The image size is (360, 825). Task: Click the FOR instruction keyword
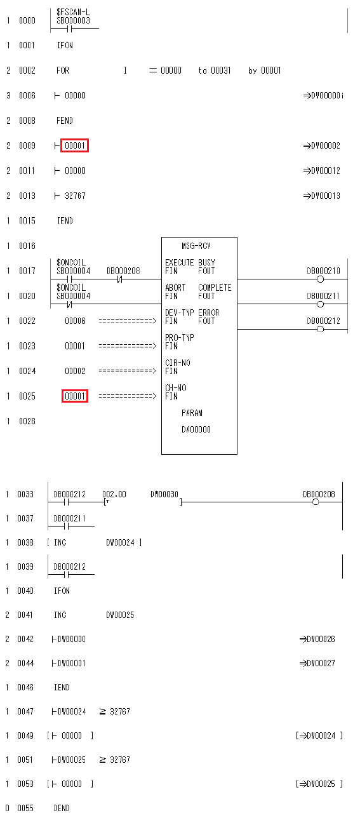(x=62, y=70)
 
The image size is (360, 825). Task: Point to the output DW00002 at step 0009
(x=324, y=146)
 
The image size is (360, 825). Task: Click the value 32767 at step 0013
(x=75, y=196)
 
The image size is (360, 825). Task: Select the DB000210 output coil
(x=320, y=279)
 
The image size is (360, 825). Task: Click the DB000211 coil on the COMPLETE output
(x=320, y=304)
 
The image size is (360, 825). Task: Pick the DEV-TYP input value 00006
(x=75, y=321)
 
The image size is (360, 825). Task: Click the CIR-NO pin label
(x=177, y=363)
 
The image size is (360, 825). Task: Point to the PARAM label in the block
(x=192, y=413)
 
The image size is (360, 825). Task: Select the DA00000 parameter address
(x=196, y=429)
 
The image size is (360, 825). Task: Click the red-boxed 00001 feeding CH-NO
(x=75, y=396)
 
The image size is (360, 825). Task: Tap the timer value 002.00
(x=114, y=494)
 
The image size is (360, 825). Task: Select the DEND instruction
(x=62, y=808)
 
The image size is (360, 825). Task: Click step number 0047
(x=26, y=711)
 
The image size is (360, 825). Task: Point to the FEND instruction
(x=64, y=120)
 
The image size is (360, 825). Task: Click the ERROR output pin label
(x=208, y=312)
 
